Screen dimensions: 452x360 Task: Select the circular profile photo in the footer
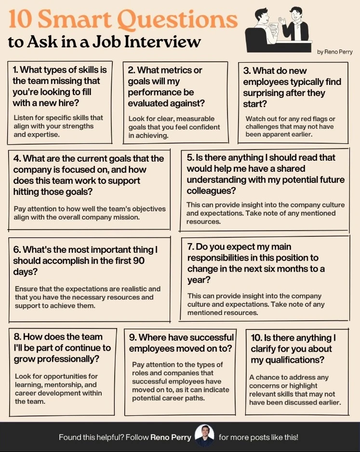click(x=204, y=436)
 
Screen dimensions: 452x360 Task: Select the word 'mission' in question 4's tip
click(x=125, y=217)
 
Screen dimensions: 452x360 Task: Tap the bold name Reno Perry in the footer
click(x=171, y=438)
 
